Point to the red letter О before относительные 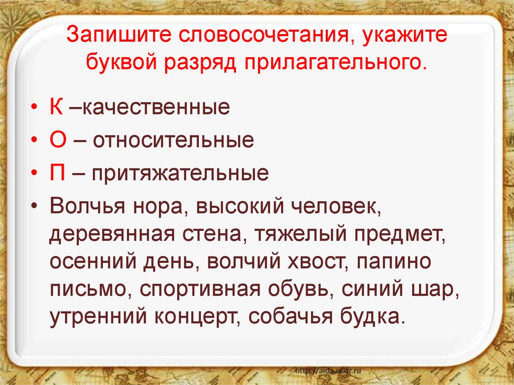[58, 141]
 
